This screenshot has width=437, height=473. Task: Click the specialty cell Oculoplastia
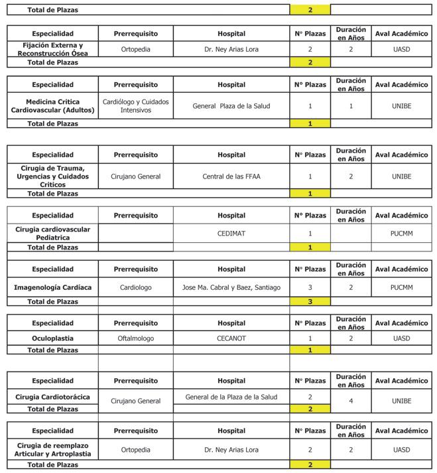[52, 338]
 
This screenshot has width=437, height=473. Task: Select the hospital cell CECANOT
[231, 338]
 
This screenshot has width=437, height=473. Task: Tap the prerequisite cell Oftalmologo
[135, 338]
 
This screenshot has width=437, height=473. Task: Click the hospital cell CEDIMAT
[231, 234]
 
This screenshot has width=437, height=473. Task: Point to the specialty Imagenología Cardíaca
[52, 288]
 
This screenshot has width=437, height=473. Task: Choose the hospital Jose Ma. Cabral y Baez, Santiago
[231, 288]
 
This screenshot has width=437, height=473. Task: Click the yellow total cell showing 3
[310, 302]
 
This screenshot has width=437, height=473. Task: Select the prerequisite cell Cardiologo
[135, 288]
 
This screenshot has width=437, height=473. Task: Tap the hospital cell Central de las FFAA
[231, 176]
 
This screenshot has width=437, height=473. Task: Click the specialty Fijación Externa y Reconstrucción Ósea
[52, 49]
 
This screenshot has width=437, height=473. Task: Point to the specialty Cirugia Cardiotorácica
[52, 397]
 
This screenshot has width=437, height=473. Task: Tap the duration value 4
[351, 401]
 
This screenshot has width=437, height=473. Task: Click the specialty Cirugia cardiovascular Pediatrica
[52, 234]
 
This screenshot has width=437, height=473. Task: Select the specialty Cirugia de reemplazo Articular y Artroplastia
[52, 450]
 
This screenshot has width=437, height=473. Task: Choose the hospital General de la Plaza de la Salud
[231, 397]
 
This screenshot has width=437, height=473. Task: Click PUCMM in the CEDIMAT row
[401, 234]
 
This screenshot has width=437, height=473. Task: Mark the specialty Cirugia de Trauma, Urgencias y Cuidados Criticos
[52, 176]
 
